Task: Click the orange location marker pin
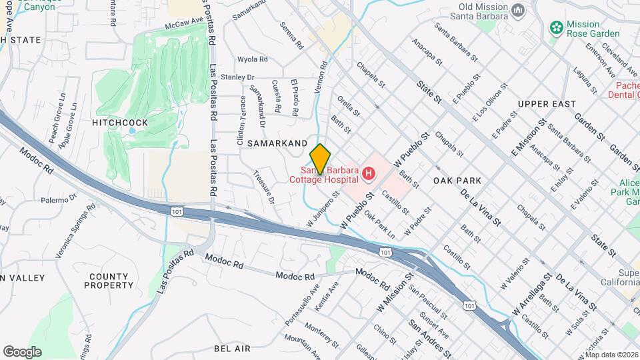pyautogui.click(x=320, y=159)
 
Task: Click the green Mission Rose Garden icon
pyautogui.click(x=555, y=28)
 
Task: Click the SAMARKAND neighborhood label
pyautogui.click(x=277, y=143)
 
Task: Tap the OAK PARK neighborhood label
pyautogui.click(x=457, y=181)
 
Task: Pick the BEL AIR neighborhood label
pyautogui.click(x=232, y=349)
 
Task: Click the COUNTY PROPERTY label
pyautogui.click(x=109, y=281)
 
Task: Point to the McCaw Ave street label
pyautogui.click(x=183, y=24)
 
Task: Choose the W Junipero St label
pyautogui.click(x=319, y=211)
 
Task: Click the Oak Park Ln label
pyautogui.click(x=380, y=225)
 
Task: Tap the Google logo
pyautogui.click(x=22, y=351)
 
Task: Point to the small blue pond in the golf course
pyautogui.click(x=132, y=131)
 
